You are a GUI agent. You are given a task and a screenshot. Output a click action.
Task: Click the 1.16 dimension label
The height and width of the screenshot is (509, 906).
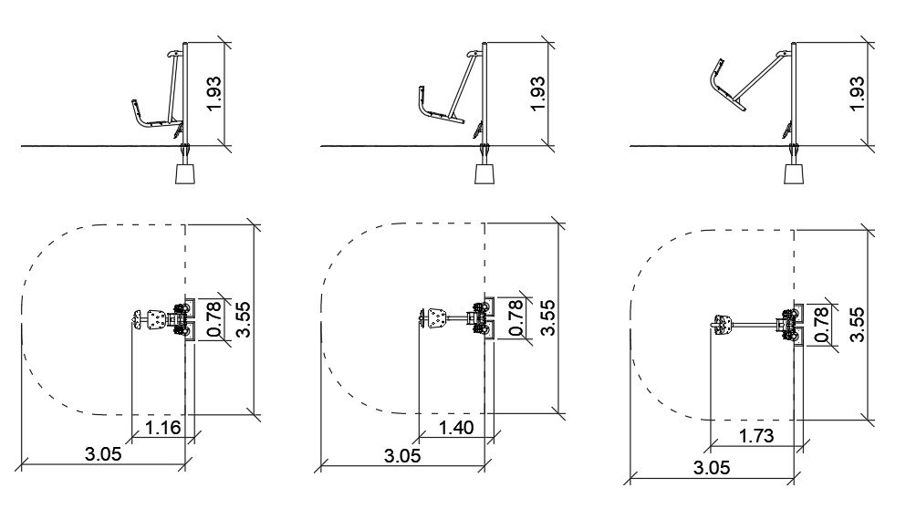(x=163, y=428)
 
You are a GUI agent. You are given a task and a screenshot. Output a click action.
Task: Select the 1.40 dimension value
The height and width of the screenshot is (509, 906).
(x=456, y=428)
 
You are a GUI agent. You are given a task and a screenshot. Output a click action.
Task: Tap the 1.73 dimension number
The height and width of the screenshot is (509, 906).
(x=756, y=435)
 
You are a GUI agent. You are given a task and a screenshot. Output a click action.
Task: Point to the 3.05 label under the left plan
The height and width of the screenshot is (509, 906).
(x=103, y=454)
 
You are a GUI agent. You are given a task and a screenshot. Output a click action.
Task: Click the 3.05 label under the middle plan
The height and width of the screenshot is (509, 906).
(x=402, y=456)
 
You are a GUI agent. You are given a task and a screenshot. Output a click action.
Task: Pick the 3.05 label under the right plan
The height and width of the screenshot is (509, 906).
(x=712, y=467)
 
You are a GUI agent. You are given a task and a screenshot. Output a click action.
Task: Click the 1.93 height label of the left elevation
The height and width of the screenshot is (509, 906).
(x=213, y=94)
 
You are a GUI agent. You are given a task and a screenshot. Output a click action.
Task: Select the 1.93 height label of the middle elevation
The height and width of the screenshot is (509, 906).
(x=536, y=94)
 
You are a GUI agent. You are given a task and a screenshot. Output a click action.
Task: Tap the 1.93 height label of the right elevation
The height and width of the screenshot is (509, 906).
(x=858, y=94)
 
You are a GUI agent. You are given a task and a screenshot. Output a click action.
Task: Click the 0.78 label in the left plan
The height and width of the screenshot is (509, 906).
(x=213, y=319)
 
